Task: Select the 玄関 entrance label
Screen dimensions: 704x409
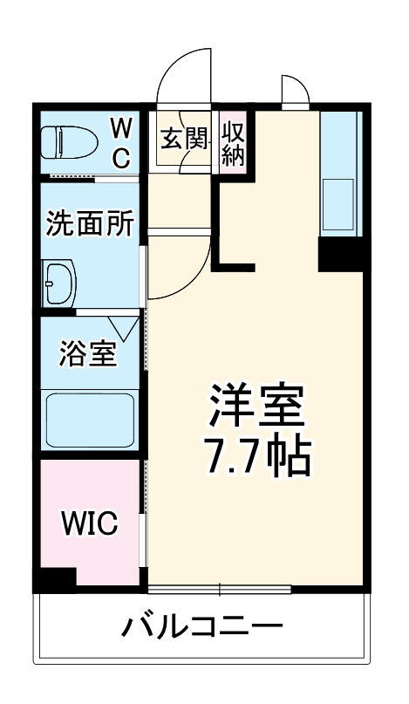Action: tap(184, 138)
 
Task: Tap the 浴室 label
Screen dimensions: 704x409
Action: tap(87, 355)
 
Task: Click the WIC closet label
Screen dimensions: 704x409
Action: tap(89, 524)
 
